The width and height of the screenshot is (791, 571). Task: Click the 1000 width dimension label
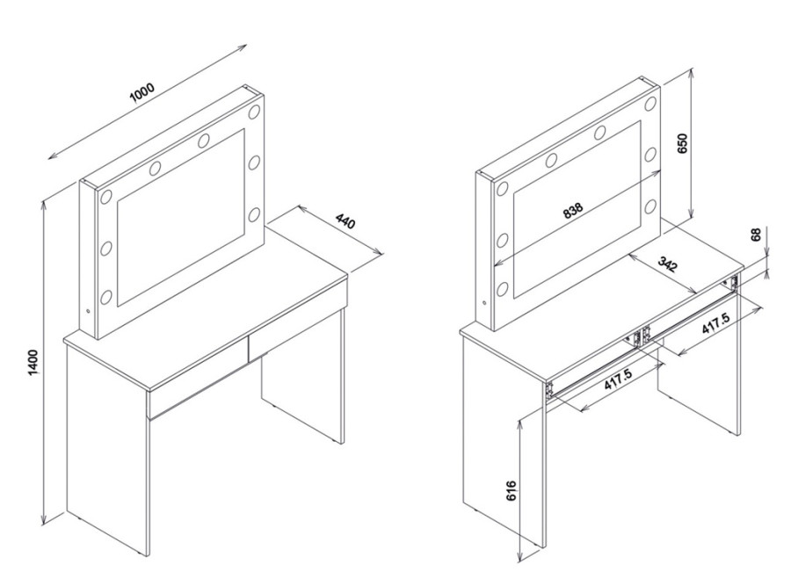142,93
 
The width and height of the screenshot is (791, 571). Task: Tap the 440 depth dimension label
346,221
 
